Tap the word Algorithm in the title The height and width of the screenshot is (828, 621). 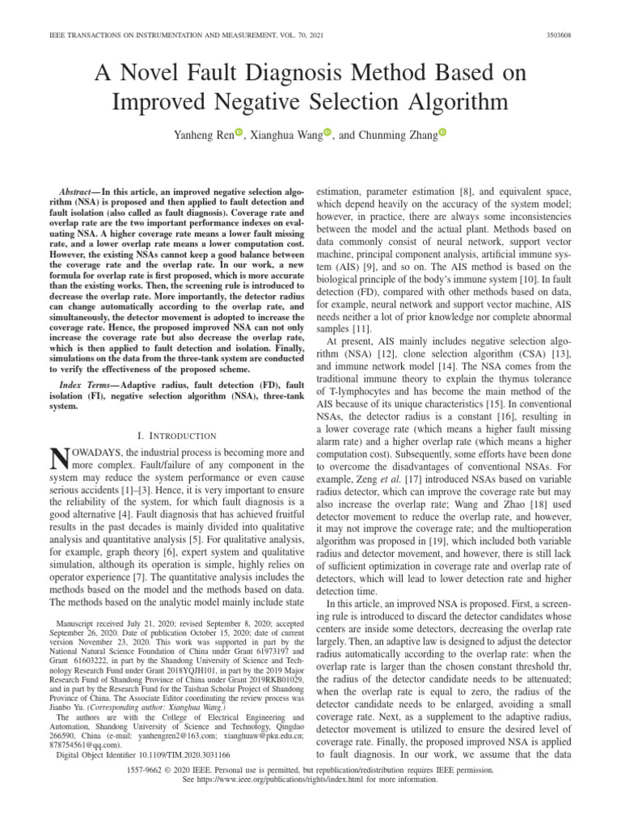tap(454, 103)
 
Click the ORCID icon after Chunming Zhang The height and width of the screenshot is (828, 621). tap(444, 133)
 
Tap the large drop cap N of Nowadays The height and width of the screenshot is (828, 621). tap(61, 459)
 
